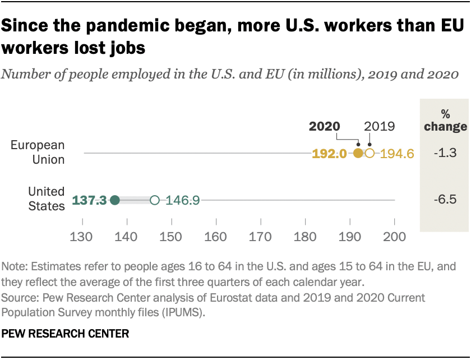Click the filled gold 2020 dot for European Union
(358, 153)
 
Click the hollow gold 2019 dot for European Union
(370, 153)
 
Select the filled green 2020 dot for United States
(114, 200)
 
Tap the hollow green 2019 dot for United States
(155, 200)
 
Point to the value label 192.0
(331, 153)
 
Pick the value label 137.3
(89, 200)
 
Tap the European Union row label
(38, 152)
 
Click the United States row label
(47, 199)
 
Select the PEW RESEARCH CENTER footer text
(66, 334)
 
